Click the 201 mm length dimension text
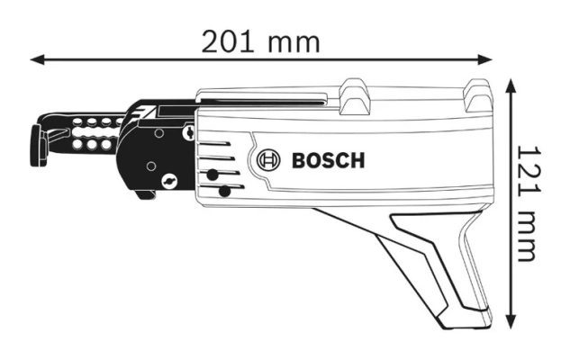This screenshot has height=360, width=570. click(260, 42)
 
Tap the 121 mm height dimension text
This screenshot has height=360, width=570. click(527, 203)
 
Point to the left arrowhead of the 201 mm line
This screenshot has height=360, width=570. click(37, 59)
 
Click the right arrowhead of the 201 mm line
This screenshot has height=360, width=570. click(485, 59)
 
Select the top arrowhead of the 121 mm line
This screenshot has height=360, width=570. click(511, 85)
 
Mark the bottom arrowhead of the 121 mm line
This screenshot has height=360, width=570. click(511, 322)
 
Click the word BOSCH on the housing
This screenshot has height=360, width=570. click(329, 160)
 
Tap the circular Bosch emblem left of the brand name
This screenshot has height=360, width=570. click(268, 160)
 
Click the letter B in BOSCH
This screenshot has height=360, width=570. click(299, 160)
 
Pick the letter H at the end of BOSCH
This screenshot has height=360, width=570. click(357, 160)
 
